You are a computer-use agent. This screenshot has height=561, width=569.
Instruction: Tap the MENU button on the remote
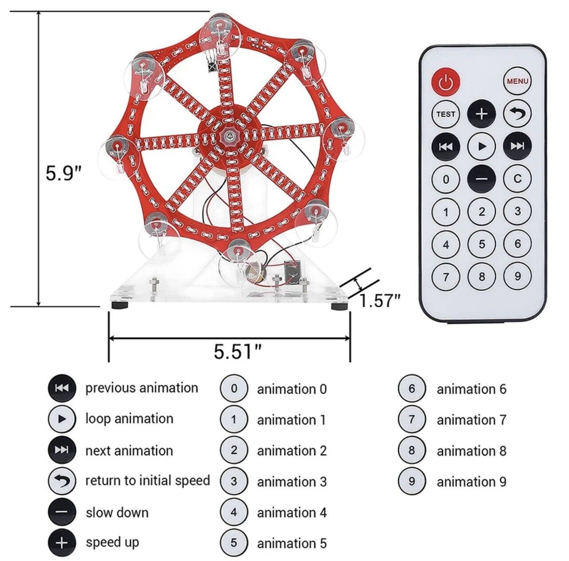[517, 81]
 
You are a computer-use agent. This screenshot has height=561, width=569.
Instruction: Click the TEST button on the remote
[446, 114]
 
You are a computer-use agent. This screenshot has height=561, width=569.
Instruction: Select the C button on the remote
[517, 179]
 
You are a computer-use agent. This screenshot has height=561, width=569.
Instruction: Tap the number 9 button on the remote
[517, 276]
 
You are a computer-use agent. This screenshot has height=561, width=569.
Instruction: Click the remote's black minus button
[482, 179]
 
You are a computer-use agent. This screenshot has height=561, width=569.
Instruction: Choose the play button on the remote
[482, 146]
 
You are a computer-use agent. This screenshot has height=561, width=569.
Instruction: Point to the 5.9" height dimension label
[64, 173]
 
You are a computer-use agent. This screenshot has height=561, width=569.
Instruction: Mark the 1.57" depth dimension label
[380, 300]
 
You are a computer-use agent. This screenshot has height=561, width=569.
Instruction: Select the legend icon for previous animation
[62, 388]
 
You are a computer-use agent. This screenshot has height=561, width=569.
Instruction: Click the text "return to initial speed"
[148, 481]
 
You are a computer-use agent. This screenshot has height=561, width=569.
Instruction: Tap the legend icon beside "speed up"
[62, 542]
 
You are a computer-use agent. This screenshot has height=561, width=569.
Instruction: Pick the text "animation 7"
[471, 420]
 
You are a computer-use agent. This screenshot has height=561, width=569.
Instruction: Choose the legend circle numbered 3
[234, 482]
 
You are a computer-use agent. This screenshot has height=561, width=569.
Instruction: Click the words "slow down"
[117, 513]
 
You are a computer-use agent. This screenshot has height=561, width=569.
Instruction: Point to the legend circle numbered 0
[234, 389]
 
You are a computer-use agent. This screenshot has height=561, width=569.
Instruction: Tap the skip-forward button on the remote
[517, 146]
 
